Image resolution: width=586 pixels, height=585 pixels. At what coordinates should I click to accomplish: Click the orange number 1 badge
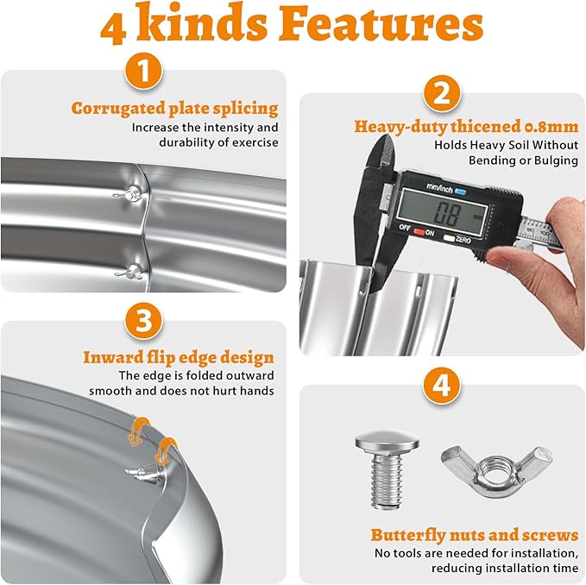144,71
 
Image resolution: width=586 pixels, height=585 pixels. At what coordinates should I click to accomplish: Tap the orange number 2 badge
442,94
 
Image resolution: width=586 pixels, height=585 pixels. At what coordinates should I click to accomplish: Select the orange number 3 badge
144,320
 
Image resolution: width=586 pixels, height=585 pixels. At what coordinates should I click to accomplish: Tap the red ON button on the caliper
419,232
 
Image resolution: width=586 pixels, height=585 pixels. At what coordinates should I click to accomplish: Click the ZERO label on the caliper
463,240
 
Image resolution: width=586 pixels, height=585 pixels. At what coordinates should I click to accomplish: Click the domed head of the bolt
388,442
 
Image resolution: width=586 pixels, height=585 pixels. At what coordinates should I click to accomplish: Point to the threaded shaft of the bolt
388,479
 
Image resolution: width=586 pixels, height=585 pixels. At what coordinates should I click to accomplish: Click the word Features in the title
381,23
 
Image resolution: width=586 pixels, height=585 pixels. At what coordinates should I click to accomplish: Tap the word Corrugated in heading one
117,109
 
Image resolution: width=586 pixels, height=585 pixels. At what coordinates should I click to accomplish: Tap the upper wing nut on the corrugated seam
129,195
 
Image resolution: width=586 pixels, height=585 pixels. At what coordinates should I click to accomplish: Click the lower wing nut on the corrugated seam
129,273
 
